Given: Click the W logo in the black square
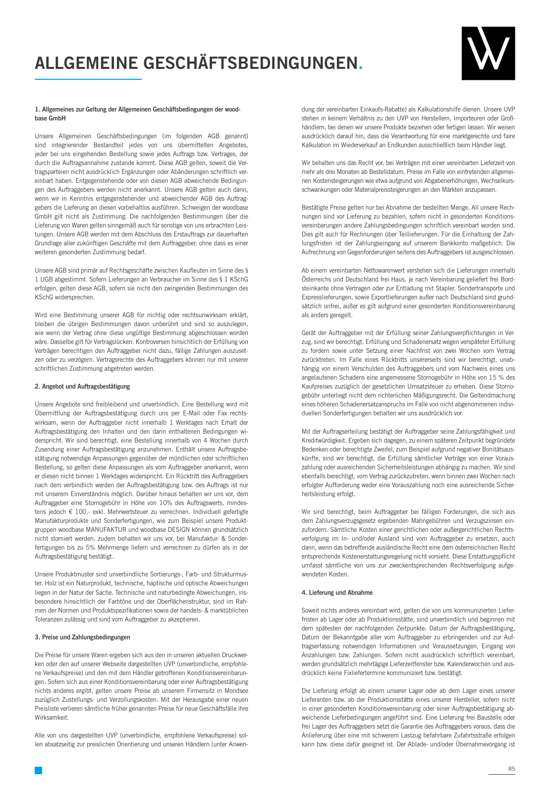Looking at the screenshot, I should (488, 53).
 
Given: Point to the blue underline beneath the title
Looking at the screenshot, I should (88, 79).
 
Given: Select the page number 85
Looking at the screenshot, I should (511, 769).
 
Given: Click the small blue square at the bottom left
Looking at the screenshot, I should (38, 770).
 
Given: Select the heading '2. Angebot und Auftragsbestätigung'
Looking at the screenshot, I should (82, 387).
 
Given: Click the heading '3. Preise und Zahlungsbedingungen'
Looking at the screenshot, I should (82, 637).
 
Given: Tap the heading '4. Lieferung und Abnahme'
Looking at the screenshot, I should (337, 593).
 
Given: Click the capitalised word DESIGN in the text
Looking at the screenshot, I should (177, 530).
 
